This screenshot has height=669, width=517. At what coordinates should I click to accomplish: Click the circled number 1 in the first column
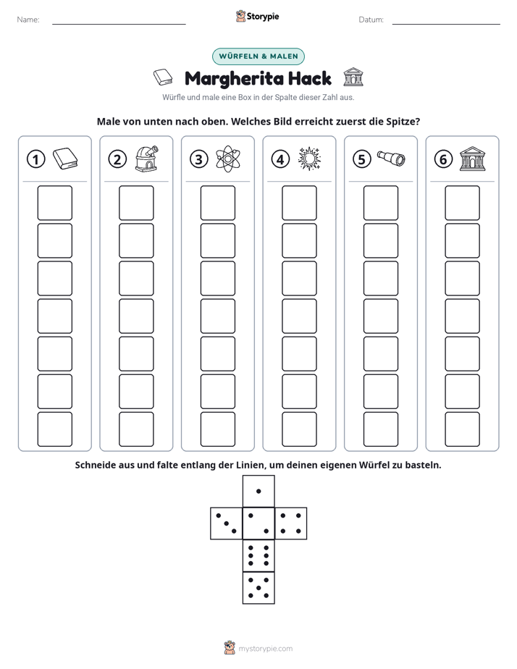pyautogui.click(x=35, y=159)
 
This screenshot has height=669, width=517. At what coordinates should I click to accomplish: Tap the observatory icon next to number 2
pyautogui.click(x=146, y=159)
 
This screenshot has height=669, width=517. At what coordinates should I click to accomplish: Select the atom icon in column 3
pyautogui.click(x=228, y=159)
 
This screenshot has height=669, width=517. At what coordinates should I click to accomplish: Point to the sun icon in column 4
pyautogui.click(x=309, y=159)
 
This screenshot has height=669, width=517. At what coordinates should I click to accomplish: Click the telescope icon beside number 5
pyautogui.click(x=391, y=159)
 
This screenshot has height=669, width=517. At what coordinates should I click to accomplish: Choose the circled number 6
pyautogui.click(x=443, y=159)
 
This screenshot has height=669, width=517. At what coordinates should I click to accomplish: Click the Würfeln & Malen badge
pyautogui.click(x=258, y=56)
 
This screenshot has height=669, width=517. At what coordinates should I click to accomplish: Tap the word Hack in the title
pyautogui.click(x=310, y=78)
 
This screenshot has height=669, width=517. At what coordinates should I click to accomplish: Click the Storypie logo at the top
pyautogui.click(x=257, y=16)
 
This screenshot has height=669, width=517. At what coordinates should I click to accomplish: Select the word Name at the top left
pyautogui.click(x=28, y=20)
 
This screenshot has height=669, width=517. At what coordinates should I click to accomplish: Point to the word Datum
pyautogui.click(x=371, y=20)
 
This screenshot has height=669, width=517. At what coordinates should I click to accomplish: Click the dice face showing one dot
pyautogui.click(x=258, y=491)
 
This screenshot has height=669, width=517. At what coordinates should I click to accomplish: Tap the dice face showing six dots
pyautogui.click(x=258, y=555)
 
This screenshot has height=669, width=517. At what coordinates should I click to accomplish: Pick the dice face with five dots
pyautogui.click(x=258, y=588)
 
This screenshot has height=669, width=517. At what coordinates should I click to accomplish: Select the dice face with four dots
pyautogui.click(x=291, y=523)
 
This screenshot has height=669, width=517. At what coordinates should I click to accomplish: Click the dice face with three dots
pyautogui.click(x=227, y=523)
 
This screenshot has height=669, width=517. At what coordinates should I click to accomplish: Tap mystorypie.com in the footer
pyautogui.click(x=265, y=649)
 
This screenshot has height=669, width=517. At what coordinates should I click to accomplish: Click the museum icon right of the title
pyautogui.click(x=353, y=77)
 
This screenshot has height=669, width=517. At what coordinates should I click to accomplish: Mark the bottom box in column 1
pyautogui.click(x=54, y=429)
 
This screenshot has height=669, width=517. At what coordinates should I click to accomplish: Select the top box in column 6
pyautogui.click(x=463, y=203)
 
